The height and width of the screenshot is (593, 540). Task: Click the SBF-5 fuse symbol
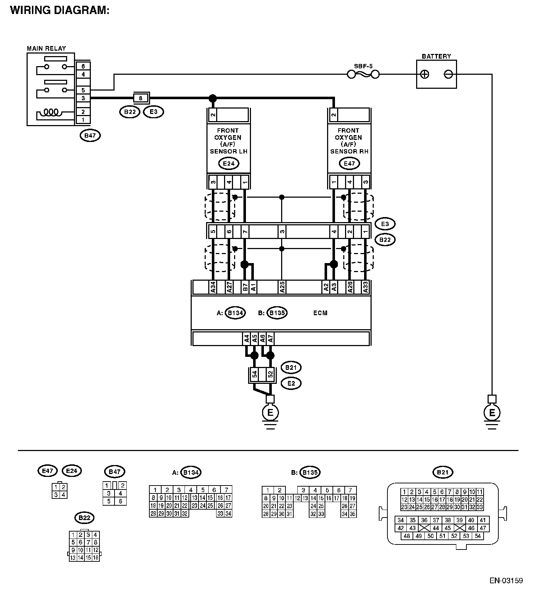(x=363, y=74)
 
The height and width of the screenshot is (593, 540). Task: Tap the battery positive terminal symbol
(x=425, y=74)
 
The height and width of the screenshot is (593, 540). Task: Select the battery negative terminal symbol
(x=448, y=74)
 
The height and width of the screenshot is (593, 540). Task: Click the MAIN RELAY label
(x=46, y=49)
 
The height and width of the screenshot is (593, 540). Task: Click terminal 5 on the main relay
(x=83, y=90)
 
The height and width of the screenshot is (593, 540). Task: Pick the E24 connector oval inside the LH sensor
(x=229, y=164)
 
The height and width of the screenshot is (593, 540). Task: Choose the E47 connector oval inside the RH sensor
(x=349, y=164)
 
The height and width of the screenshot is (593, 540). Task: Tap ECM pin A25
(x=282, y=287)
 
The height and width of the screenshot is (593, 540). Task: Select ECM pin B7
(x=245, y=287)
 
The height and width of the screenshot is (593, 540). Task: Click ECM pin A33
(x=366, y=287)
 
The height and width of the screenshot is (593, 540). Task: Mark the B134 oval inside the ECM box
(x=236, y=313)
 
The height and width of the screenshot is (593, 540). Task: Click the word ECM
(x=320, y=313)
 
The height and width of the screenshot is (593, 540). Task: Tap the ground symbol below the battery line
(x=492, y=413)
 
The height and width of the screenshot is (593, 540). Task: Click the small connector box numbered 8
(x=141, y=98)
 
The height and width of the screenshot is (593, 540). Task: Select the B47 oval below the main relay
(x=90, y=135)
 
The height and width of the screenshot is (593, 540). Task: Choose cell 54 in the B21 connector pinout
(x=477, y=536)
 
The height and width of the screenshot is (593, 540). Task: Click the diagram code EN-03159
(x=506, y=580)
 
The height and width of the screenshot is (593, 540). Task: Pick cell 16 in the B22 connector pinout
(x=96, y=558)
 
